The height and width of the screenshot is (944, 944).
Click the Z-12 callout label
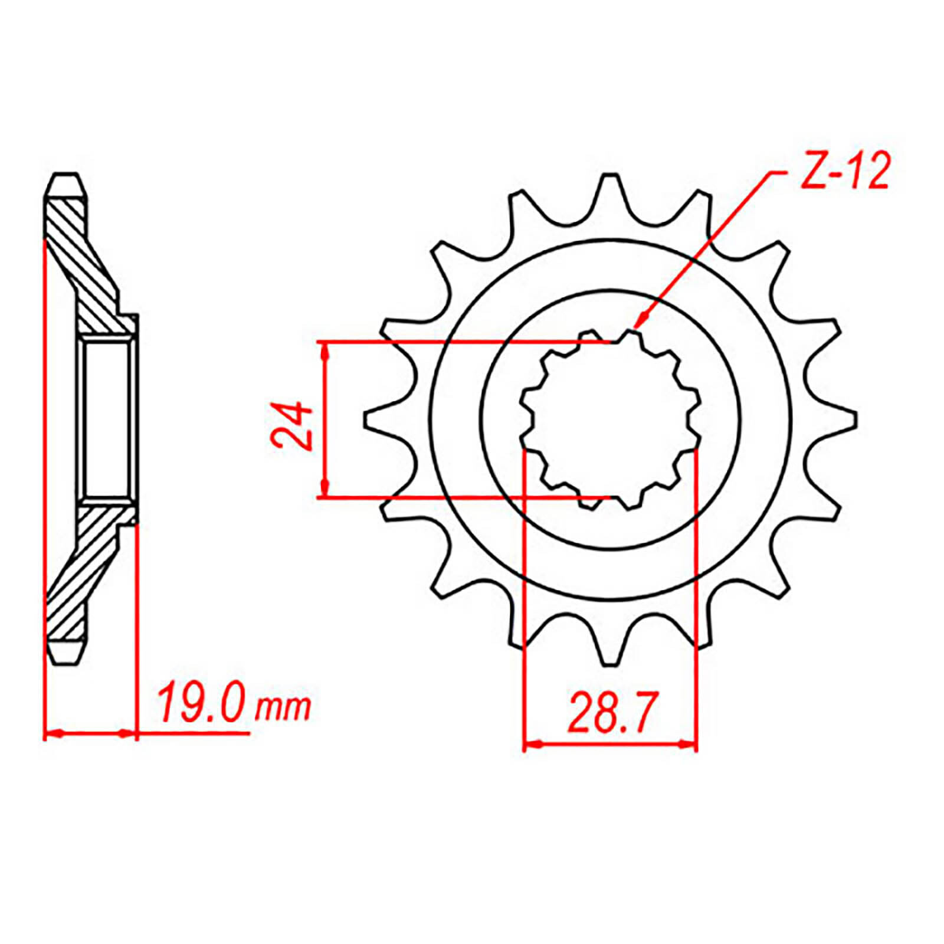pyautogui.click(x=844, y=172)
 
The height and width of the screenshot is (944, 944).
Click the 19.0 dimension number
pyautogui.click(x=201, y=702)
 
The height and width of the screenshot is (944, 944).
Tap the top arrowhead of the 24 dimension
pyautogui.click(x=324, y=351)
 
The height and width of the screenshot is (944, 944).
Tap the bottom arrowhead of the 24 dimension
pyautogui.click(x=324, y=487)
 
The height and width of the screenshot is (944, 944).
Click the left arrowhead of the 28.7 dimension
pyautogui.click(x=533, y=744)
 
